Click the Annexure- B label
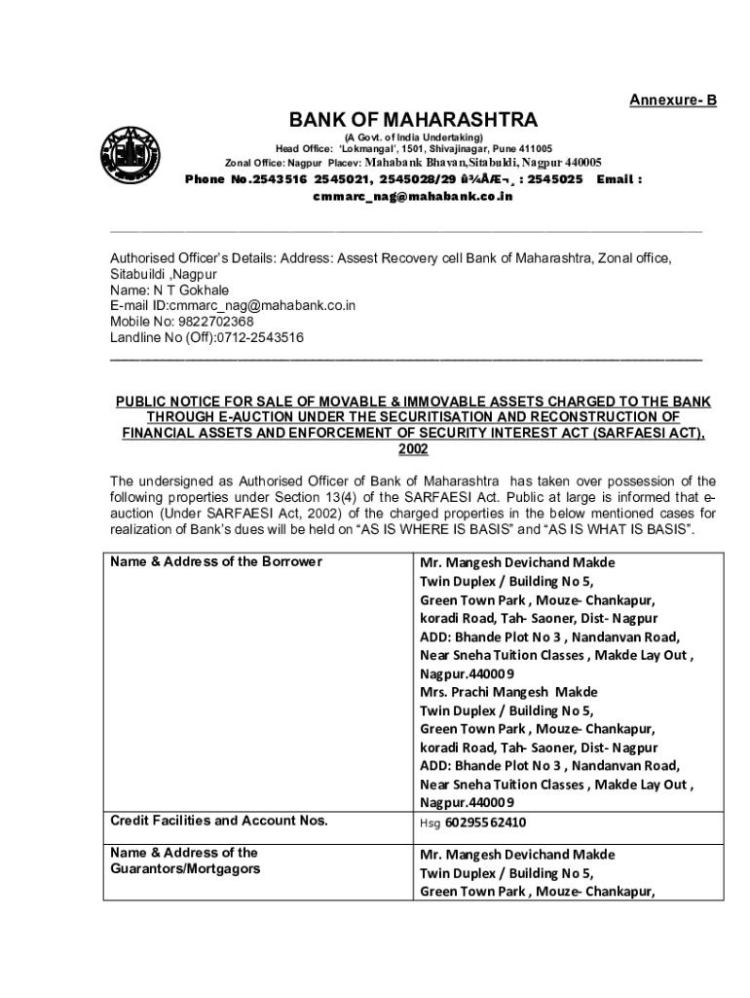coord(672,100)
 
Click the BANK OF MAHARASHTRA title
coord(413,120)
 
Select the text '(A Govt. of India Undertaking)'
coord(413,137)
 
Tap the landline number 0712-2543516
coord(255,337)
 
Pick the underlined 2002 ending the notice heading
coord(413,448)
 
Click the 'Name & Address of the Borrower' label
coord(215,561)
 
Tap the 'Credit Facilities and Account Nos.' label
coord(218,821)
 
